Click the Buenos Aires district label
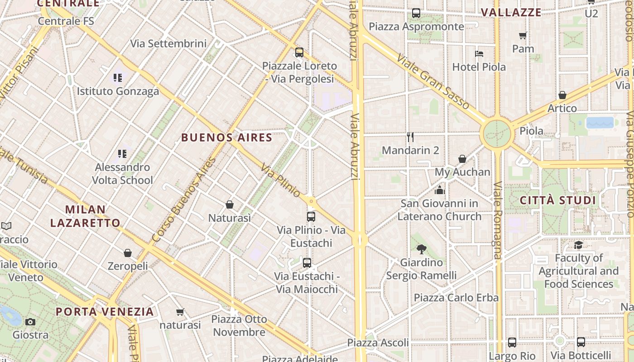[227, 138]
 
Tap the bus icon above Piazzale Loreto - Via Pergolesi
[299, 52]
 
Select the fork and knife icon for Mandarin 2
[410, 137]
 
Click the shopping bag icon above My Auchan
[462, 159]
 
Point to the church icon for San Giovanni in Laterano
[440, 190]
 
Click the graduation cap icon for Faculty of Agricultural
[578, 245]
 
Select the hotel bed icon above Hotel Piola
[479, 54]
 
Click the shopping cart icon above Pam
[523, 35]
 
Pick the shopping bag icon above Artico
[562, 95]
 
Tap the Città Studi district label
[557, 200]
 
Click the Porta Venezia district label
[105, 312]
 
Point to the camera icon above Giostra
[30, 322]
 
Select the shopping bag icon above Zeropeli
[128, 252]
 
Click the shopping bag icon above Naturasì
[230, 205]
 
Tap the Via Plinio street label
[281, 180]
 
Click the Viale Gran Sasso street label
[433, 82]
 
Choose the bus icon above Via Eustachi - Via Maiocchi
[307, 262]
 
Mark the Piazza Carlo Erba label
[456, 298]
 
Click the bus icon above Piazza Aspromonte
[416, 13]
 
